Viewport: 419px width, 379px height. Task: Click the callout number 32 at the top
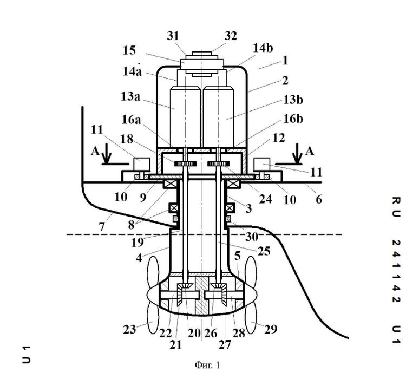(x=231, y=36)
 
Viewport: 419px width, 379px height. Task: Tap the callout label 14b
(x=263, y=48)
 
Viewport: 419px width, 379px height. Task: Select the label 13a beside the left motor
(x=130, y=96)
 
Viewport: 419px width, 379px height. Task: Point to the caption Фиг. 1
(x=207, y=365)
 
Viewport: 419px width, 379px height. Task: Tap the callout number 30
(x=252, y=237)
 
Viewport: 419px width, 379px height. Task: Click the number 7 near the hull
(x=102, y=227)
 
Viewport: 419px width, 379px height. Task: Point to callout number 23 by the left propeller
(x=129, y=329)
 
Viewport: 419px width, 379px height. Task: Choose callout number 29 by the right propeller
(x=271, y=329)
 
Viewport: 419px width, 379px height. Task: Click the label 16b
(x=293, y=119)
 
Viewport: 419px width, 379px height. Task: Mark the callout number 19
(x=138, y=243)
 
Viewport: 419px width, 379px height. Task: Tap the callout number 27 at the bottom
(x=225, y=345)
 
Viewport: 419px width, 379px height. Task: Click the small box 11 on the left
(x=141, y=164)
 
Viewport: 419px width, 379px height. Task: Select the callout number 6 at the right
(x=319, y=199)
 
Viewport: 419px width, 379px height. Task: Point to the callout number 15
(x=129, y=50)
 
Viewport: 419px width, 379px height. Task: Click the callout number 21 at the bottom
(x=175, y=345)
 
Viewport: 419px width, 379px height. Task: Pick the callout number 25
(x=264, y=251)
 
